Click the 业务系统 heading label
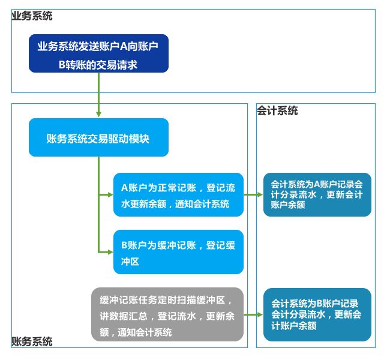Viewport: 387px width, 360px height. [32, 16]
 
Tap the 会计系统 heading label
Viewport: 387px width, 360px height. [277, 110]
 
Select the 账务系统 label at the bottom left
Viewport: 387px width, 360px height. [32, 341]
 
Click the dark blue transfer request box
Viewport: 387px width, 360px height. [99, 53]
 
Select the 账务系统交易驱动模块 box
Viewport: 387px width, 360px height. [99, 137]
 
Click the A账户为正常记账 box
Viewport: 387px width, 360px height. [178, 194]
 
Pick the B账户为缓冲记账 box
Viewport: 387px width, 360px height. [178, 252]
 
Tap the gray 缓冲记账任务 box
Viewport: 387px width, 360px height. [167, 314]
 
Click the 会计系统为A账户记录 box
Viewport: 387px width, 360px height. [317, 194]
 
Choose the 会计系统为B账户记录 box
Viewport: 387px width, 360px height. [317, 314]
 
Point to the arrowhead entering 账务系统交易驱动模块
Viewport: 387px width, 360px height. [99, 114]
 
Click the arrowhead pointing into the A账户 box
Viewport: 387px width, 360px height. [110, 195]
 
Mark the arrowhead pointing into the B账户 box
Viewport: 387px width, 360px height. [110, 252]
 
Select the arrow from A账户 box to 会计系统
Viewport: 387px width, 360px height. [253, 194]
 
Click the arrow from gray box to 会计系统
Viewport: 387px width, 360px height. [253, 314]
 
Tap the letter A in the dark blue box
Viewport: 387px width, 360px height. [123, 46]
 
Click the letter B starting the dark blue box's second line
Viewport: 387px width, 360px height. [62, 65]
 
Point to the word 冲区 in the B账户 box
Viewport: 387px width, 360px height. [130, 262]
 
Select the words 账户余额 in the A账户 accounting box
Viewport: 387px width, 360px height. [288, 205]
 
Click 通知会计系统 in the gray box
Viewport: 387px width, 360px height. [145, 332]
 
